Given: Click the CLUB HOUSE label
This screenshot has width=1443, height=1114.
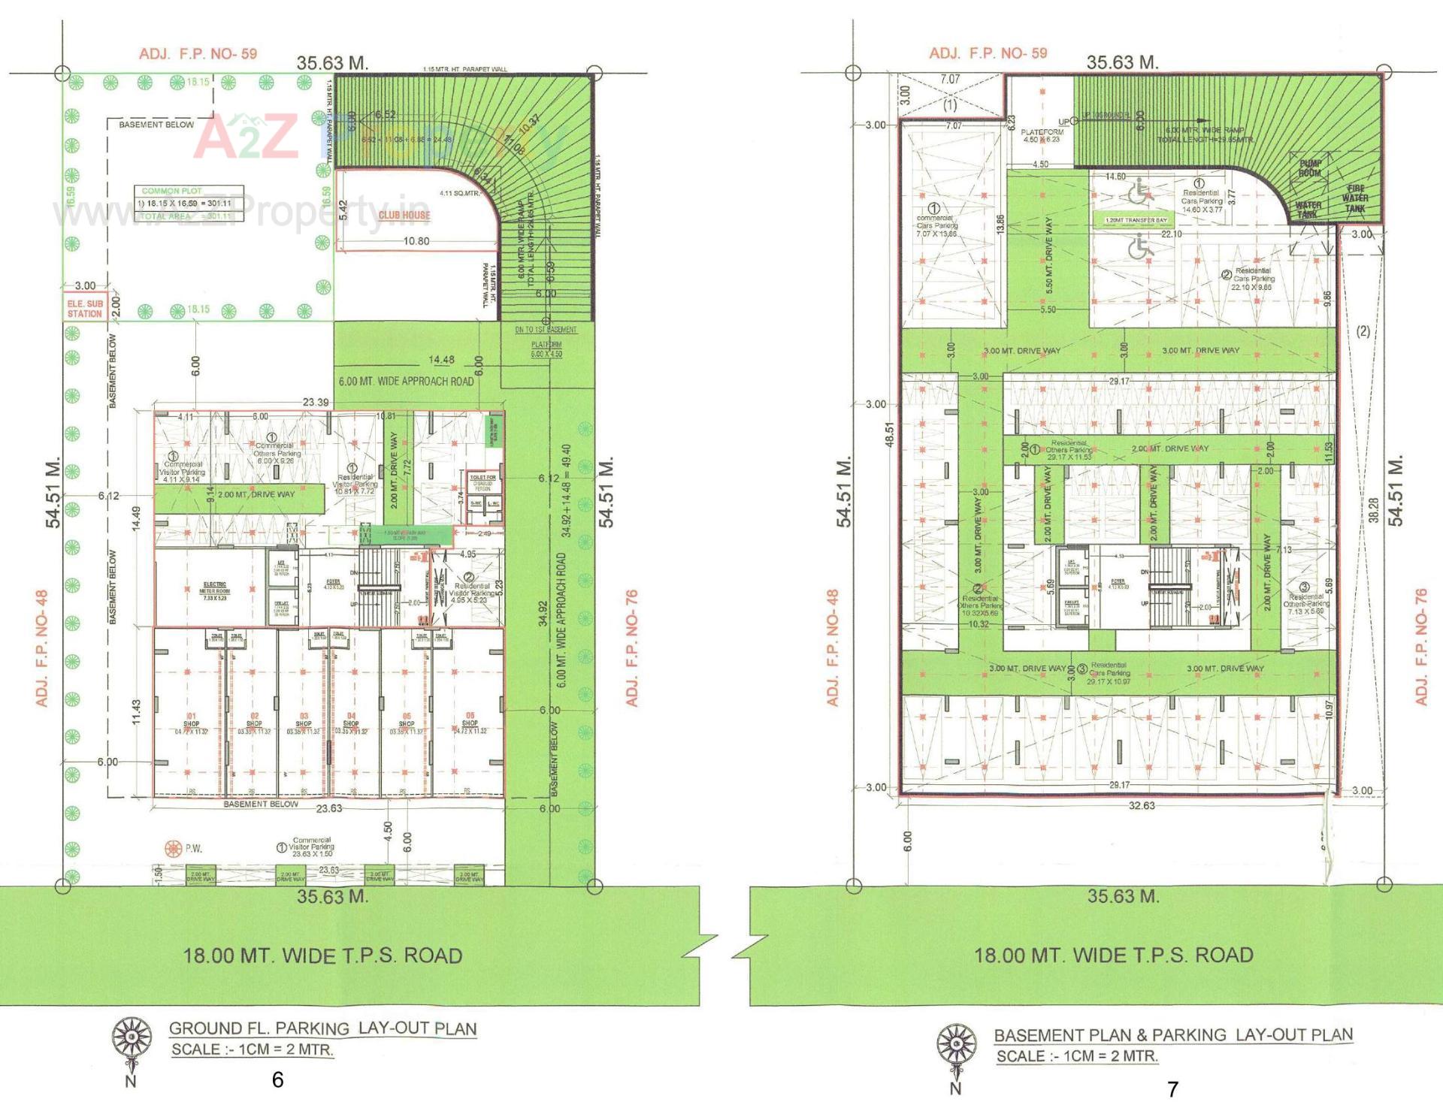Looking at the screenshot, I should click(x=404, y=215).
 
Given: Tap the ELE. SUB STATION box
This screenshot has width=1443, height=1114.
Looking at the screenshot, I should click(x=85, y=309).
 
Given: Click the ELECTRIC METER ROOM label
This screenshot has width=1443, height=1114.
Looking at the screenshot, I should click(x=214, y=590).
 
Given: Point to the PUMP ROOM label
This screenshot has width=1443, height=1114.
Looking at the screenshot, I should click(x=1310, y=168).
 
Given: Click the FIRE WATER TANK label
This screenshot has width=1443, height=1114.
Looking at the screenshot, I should click(x=1355, y=198).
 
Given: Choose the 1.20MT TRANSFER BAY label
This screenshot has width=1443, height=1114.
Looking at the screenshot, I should click(x=1136, y=220).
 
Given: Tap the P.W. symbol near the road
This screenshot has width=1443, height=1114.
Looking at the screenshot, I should click(x=175, y=848).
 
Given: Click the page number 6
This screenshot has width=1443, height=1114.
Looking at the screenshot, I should click(x=277, y=1079).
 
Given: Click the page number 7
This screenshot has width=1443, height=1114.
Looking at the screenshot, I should click(x=1172, y=1088).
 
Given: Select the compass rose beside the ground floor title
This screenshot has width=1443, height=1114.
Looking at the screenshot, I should click(x=132, y=1037).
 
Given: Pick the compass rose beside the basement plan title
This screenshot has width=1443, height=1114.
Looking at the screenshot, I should click(x=956, y=1043).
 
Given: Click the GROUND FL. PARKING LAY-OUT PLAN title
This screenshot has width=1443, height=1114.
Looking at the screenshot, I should click(x=322, y=1028).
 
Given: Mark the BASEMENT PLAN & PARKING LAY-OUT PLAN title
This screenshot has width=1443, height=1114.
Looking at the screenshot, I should click(x=1172, y=1034).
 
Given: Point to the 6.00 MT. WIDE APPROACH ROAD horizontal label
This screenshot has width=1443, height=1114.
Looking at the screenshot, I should click(x=406, y=381).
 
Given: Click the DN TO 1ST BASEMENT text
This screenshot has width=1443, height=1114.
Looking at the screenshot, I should click(x=546, y=330).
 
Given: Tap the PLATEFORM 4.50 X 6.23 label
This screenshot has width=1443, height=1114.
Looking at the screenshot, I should click(x=1042, y=135).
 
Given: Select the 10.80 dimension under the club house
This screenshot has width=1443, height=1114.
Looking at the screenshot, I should click(x=416, y=241).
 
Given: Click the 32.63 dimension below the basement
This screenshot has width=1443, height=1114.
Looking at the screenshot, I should click(x=1142, y=805).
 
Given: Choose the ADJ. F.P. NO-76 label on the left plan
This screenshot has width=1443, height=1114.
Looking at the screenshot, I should click(x=632, y=648).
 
